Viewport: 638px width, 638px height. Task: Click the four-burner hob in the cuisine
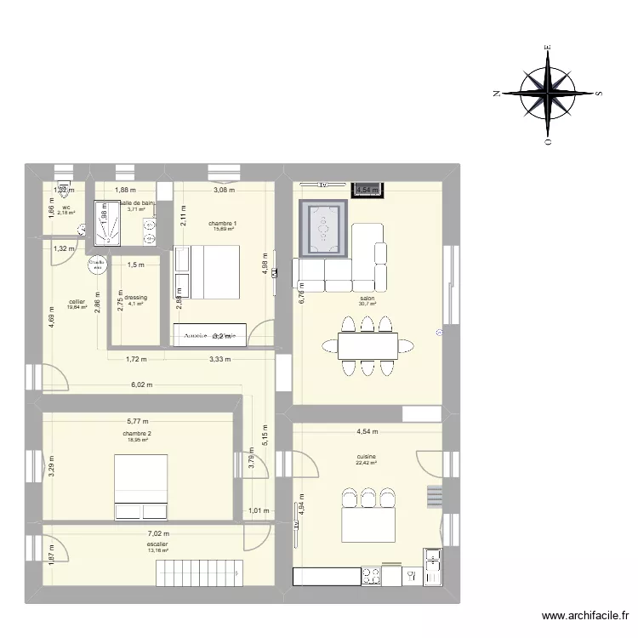tap(371, 576)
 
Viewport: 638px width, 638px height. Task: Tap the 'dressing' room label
tap(135, 298)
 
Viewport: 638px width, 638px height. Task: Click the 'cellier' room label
tap(77, 301)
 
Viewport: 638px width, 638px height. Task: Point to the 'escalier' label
tap(157, 544)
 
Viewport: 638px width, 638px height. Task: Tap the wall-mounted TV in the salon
tap(323, 185)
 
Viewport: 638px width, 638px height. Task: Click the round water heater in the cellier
tap(97, 265)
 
